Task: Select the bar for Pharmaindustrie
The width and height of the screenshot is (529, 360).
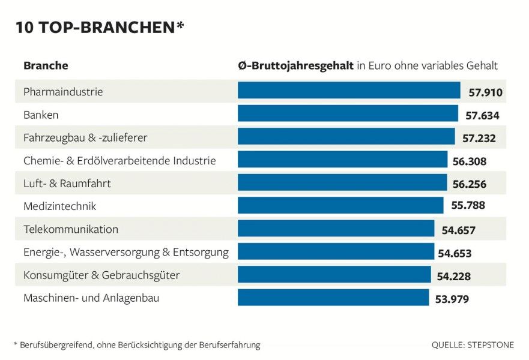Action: [x=349, y=91]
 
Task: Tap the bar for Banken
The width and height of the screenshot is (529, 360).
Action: [x=348, y=114]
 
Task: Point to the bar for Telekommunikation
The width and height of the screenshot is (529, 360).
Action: [x=336, y=229]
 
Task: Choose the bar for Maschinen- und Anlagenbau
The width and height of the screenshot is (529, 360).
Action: [x=333, y=298]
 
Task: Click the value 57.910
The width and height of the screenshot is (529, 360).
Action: [x=485, y=92]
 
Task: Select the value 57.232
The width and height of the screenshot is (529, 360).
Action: [x=479, y=138]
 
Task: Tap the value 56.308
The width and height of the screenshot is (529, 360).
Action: [x=469, y=161]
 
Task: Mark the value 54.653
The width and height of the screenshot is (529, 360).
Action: [x=455, y=253]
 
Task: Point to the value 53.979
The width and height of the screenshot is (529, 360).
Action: [x=451, y=299]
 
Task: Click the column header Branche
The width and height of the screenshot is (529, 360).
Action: [x=46, y=65]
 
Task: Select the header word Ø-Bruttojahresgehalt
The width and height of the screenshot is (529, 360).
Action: [x=295, y=65]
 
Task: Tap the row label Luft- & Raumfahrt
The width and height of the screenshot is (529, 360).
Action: [x=67, y=184]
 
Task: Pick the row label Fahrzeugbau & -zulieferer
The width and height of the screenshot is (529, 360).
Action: [x=85, y=138]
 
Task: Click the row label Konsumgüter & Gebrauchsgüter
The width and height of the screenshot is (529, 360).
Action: [x=101, y=275]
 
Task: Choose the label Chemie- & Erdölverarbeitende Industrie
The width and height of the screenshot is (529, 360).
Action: [x=119, y=161]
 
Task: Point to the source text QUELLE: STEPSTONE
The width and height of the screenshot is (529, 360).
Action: [x=473, y=345]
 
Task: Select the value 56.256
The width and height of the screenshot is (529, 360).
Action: [x=469, y=184]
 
